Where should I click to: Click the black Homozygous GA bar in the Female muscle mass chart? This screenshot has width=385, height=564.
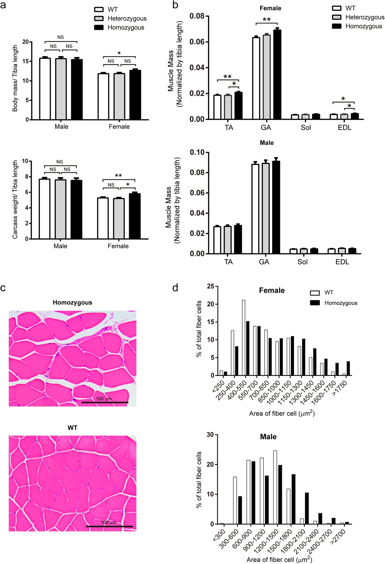(x=277, y=74)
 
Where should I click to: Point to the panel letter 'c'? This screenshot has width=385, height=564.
(x=3, y=288)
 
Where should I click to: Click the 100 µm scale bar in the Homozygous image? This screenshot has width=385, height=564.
(x=105, y=403)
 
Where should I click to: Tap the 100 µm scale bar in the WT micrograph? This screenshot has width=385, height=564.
(x=109, y=526)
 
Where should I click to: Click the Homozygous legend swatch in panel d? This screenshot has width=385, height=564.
(x=315, y=303)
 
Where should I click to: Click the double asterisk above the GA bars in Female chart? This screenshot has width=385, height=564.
(x=266, y=20)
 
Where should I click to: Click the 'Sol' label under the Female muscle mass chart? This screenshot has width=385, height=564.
(x=306, y=128)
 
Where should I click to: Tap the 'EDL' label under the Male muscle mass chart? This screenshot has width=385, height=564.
(x=342, y=262)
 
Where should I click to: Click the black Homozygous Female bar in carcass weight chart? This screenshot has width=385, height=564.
(x=135, y=216)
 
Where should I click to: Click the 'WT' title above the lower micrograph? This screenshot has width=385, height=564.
(x=72, y=428)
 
